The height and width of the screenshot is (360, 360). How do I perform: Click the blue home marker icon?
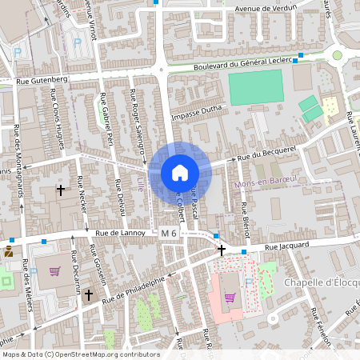click(179, 173)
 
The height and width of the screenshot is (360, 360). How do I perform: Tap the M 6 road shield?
click(168, 232)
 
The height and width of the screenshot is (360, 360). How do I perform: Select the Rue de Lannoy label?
click(120, 233)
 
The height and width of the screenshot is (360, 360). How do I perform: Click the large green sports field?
click(256, 86)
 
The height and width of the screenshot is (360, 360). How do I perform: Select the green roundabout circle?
click(338, 55)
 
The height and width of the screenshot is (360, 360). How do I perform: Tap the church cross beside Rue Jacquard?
click(222, 250)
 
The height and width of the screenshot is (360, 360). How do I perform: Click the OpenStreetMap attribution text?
click(80, 354)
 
